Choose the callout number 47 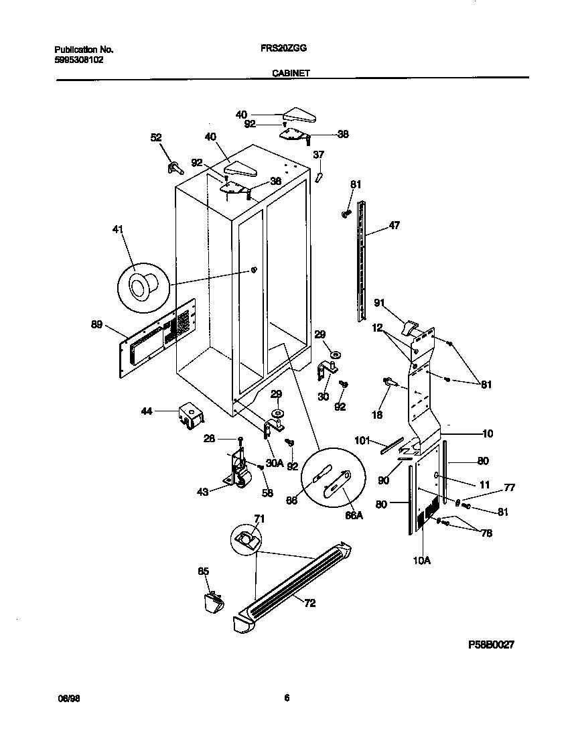(x=394, y=226)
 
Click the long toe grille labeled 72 (x=295, y=583)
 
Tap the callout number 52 (x=155, y=137)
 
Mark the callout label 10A (x=421, y=560)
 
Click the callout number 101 (x=362, y=441)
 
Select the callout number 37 (x=319, y=155)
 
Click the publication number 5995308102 (x=78, y=59)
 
